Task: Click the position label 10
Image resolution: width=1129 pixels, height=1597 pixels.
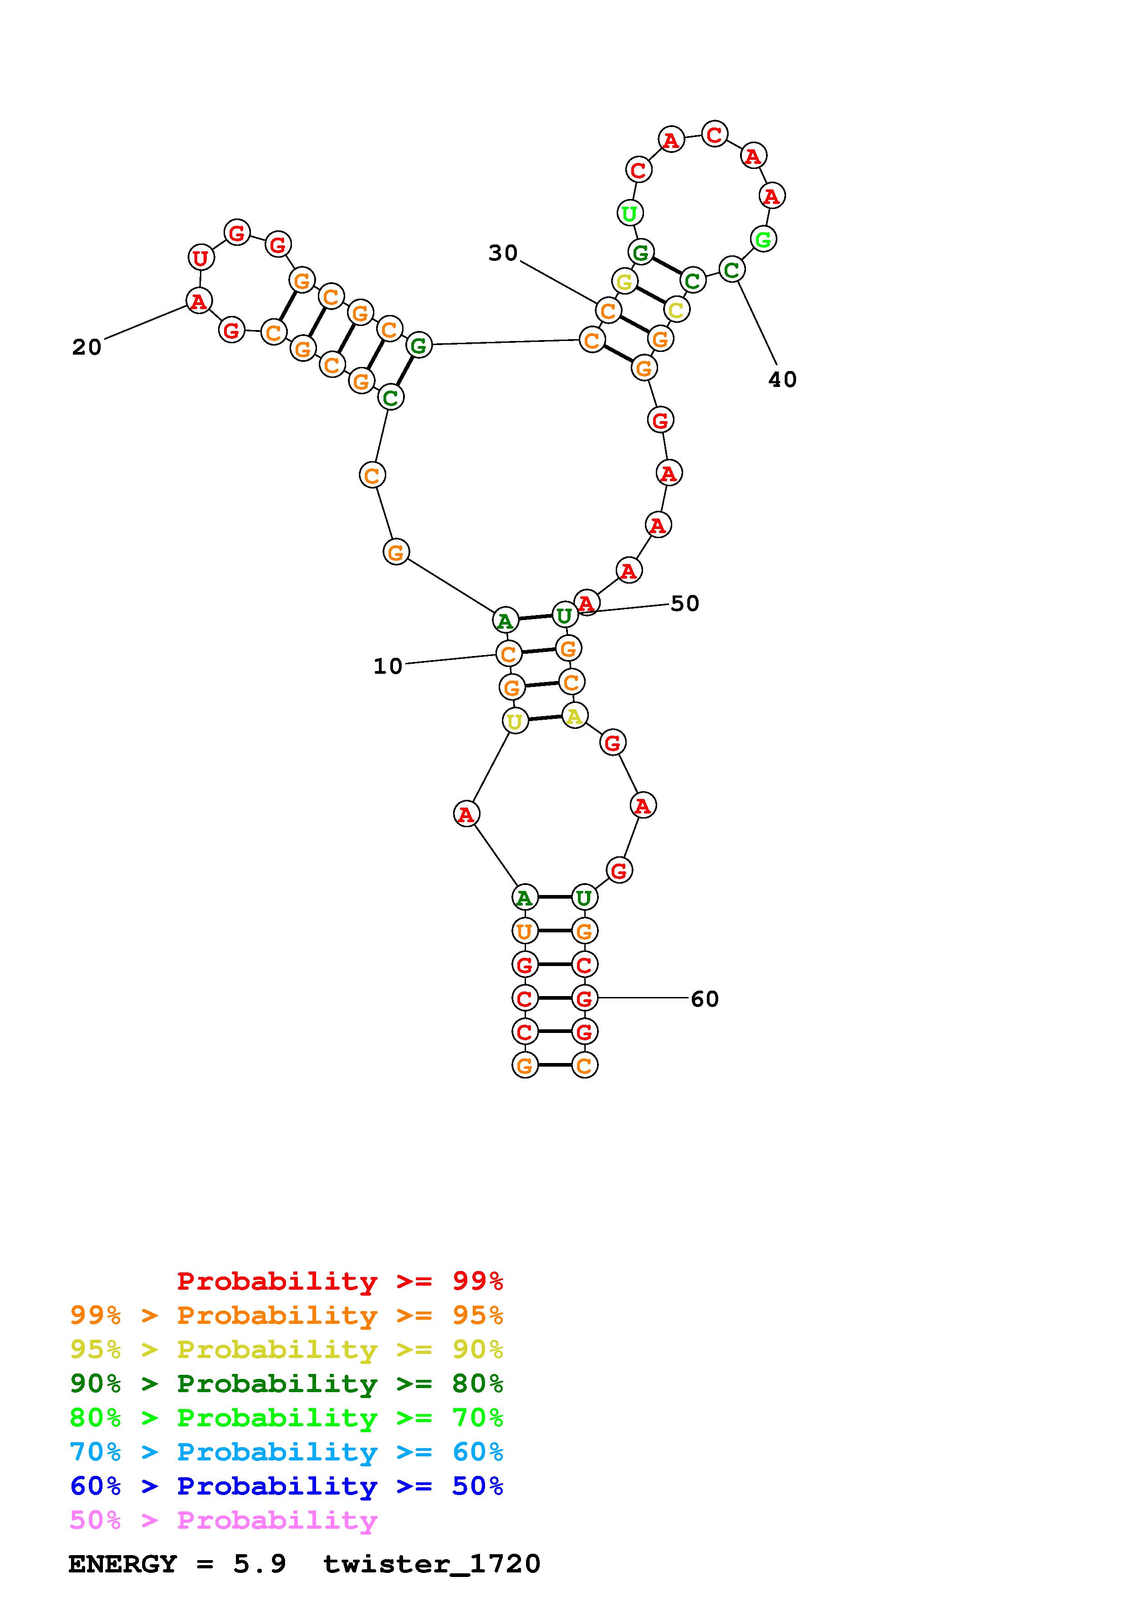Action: pos(388,666)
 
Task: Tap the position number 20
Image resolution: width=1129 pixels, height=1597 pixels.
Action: pos(87,347)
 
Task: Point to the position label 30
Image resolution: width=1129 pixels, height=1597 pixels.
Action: pos(503,253)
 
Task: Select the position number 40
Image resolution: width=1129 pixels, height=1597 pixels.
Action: pos(782,380)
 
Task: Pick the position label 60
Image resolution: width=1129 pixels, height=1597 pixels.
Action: pos(705,1000)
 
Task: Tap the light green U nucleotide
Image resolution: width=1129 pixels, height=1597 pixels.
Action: pos(629,213)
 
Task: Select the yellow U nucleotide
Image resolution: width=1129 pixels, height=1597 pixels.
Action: pos(515,721)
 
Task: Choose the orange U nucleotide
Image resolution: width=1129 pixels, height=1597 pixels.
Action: pos(525,931)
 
